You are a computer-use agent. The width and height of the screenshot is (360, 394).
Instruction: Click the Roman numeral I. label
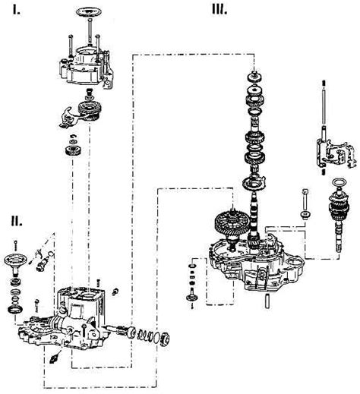click(x=17, y=10)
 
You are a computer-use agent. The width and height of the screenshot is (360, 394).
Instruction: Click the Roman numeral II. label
click(x=17, y=221)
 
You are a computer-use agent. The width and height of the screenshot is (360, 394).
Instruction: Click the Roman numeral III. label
click(x=219, y=10)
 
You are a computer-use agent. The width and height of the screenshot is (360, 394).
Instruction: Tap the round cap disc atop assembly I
click(x=89, y=12)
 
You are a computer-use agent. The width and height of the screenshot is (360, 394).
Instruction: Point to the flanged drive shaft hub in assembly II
click(x=15, y=263)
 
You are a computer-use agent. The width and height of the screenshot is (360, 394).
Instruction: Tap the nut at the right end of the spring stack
click(x=164, y=339)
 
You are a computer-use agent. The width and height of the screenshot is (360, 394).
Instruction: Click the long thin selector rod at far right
click(x=324, y=105)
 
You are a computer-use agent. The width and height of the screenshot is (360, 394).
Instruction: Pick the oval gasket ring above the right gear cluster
click(x=339, y=182)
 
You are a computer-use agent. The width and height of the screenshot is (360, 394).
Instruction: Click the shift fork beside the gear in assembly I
click(x=68, y=117)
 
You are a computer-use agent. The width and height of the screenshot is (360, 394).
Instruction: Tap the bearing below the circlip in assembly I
click(x=73, y=151)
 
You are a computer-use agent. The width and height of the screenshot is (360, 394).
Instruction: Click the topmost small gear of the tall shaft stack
click(x=255, y=77)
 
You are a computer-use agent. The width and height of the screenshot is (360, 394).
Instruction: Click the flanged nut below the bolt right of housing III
click(x=306, y=216)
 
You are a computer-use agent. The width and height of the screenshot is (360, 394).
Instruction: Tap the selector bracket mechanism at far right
click(x=336, y=153)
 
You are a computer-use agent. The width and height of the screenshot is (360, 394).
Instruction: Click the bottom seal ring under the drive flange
click(x=15, y=310)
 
